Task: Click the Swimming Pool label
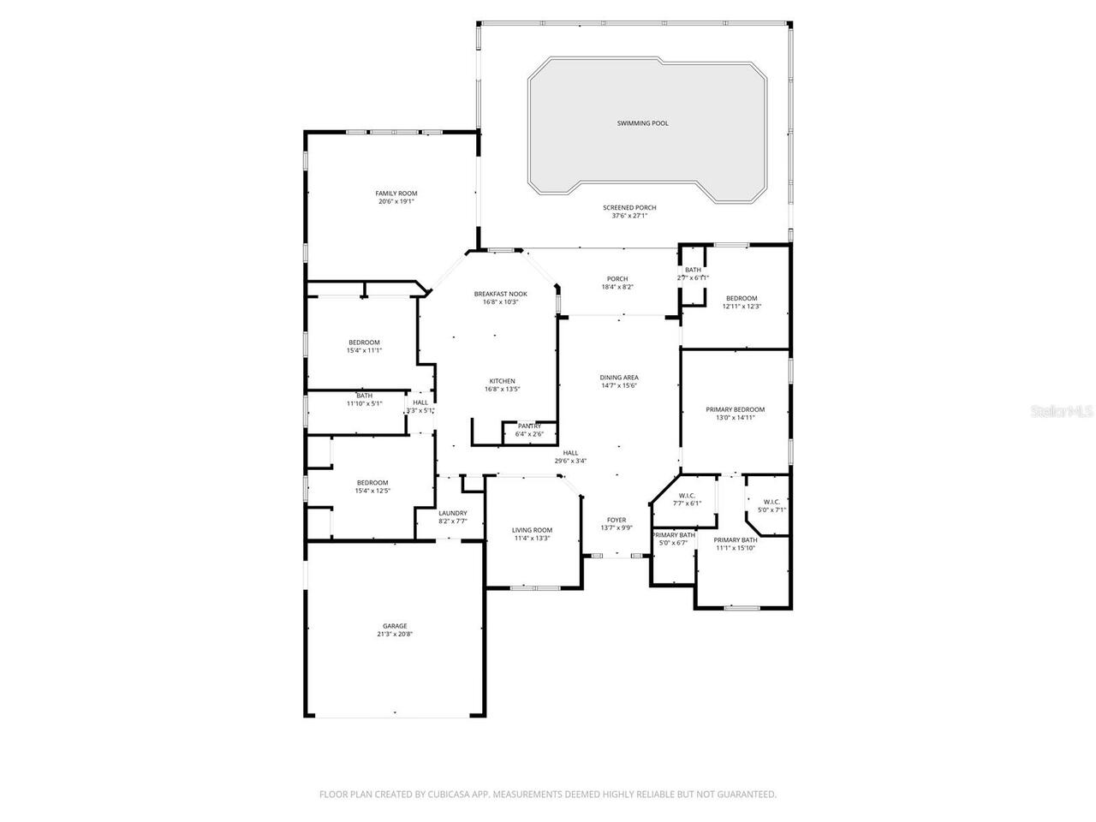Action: [x=642, y=123]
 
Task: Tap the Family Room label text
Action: [x=396, y=194]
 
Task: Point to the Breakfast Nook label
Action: [x=501, y=294]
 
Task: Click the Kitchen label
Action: [x=502, y=381]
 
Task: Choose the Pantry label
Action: [x=529, y=426]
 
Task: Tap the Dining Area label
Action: [x=618, y=378]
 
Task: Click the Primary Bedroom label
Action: [x=735, y=409]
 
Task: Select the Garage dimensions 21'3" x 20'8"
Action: [x=395, y=634]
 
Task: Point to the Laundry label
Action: [x=452, y=513]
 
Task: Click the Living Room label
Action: [x=532, y=530]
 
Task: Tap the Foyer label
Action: [x=616, y=520]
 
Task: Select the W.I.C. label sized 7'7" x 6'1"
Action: [x=686, y=495]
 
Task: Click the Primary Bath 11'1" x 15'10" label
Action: [x=736, y=540]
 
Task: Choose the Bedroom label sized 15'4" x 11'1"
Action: [x=364, y=342]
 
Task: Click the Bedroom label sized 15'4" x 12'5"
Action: [x=372, y=482]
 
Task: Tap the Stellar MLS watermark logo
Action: [x=1062, y=411]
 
